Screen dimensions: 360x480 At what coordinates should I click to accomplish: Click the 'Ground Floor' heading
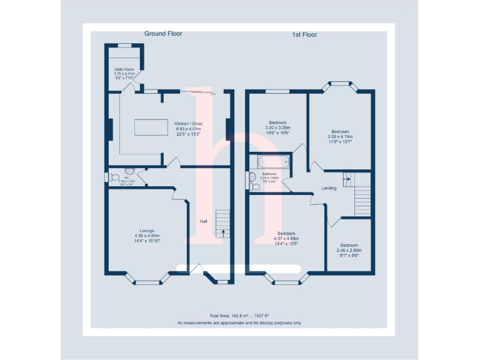point(163,34)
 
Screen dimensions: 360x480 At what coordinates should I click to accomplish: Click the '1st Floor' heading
point(304,34)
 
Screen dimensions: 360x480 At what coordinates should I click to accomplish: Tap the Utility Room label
point(124,69)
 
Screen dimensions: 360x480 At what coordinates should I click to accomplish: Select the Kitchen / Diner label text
point(188,124)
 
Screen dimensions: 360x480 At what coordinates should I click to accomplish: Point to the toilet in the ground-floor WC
point(114,179)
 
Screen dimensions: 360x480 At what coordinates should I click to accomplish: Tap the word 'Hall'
point(203,221)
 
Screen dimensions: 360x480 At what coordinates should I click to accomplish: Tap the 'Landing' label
point(329,188)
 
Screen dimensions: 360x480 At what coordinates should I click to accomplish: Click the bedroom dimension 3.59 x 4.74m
point(340,137)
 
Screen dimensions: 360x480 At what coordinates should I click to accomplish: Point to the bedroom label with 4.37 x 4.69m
point(286,238)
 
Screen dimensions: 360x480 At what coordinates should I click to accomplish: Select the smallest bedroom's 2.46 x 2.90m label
point(349,251)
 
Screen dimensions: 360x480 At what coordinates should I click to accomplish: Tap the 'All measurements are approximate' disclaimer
point(239,323)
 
